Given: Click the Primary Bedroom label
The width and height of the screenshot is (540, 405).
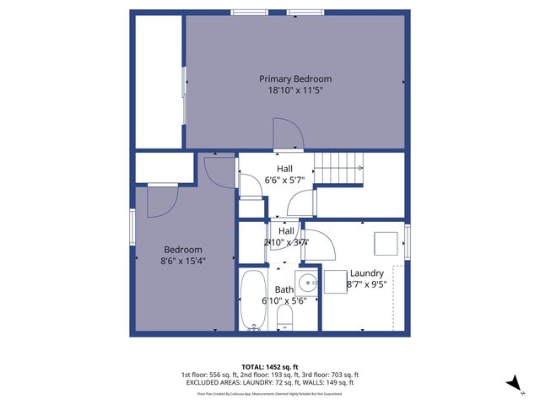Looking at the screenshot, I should coord(294,78).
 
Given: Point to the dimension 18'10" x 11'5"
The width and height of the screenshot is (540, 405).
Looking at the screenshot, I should coord(294,89).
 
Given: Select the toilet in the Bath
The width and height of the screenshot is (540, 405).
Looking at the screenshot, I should coord(285,316).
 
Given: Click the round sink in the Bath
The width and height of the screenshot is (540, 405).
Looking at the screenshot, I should coord(307,283).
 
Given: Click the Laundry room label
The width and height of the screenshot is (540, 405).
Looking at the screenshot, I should coord(367,273).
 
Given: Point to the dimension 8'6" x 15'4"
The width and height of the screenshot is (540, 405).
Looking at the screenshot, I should coord(183,262).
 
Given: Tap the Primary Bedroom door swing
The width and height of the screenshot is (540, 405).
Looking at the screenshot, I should coord(286,135).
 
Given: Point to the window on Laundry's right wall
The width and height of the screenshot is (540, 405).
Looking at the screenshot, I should coord(408,242).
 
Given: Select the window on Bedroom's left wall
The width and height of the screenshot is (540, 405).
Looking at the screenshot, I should coord(132,228).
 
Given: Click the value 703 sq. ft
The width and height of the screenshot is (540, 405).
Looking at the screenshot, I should coord(343,375).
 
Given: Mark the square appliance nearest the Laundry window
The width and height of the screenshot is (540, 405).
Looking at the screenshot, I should coord(387,244).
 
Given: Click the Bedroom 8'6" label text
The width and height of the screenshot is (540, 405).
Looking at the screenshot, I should coord(183,250).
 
